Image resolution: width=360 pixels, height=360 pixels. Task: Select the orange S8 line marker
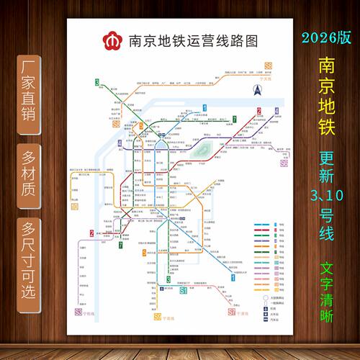269,66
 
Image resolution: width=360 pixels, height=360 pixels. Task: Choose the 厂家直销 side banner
31,89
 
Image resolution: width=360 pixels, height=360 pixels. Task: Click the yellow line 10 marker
74,207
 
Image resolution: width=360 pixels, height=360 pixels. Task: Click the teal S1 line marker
184,292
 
